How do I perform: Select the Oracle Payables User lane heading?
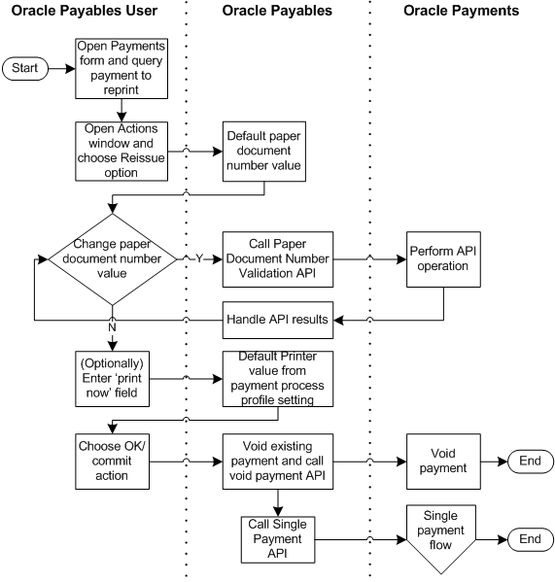[x=87, y=11]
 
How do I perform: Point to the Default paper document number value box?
[x=264, y=151]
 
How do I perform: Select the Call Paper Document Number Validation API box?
[x=277, y=259]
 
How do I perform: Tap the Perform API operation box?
[x=443, y=259]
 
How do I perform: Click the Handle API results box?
[x=277, y=319]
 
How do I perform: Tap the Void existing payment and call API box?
[x=277, y=451]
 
